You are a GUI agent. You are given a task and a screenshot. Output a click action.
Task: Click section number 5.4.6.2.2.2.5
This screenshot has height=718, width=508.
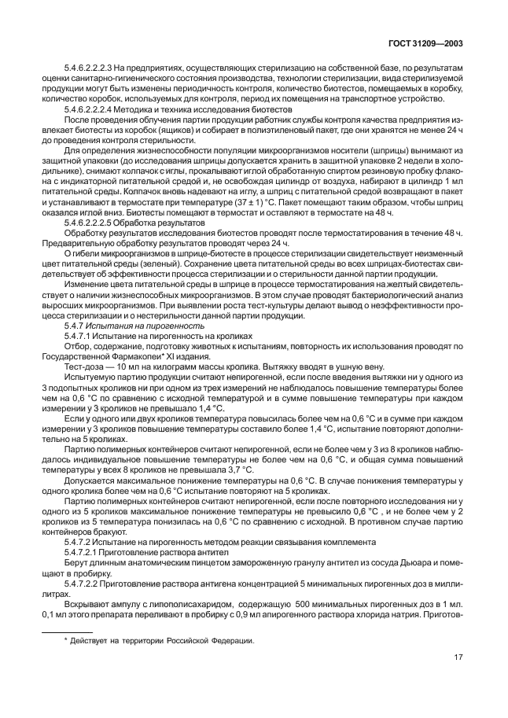pyautogui.click(x=94, y=223)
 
